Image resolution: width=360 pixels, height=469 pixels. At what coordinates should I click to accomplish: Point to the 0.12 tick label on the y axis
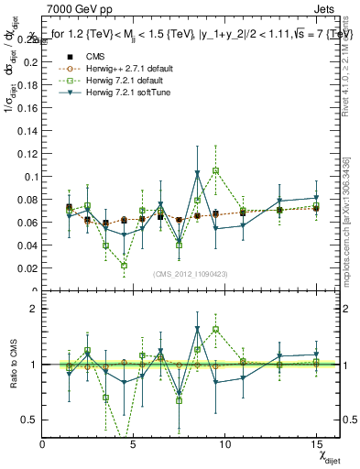29,152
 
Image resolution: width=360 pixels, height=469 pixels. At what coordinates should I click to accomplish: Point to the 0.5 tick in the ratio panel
32,420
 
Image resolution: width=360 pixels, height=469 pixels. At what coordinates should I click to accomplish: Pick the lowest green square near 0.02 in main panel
124,266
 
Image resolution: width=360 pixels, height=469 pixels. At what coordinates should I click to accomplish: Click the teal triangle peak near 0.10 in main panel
198,173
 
